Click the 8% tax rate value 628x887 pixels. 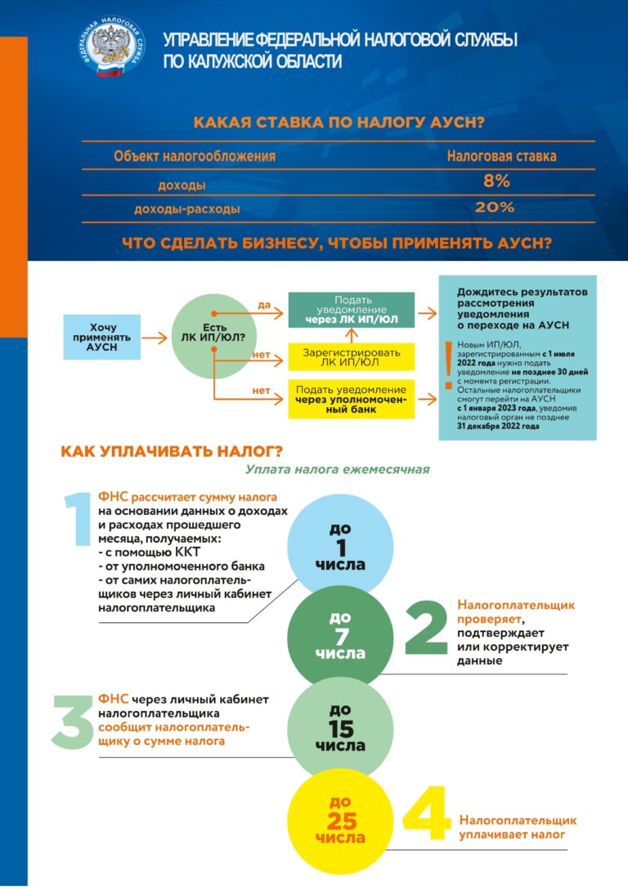(495, 181)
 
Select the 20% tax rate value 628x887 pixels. (495, 208)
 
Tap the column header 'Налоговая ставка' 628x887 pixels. (501, 155)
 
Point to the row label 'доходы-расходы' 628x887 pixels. (187, 209)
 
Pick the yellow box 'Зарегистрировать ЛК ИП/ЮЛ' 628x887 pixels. (352, 356)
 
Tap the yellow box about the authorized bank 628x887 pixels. (352, 398)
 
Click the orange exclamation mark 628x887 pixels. (446, 364)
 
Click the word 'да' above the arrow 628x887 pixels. (263, 306)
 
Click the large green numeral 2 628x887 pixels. (427, 629)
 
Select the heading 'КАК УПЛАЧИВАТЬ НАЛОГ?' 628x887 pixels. (172, 451)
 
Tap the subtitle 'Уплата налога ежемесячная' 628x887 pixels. (336, 470)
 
